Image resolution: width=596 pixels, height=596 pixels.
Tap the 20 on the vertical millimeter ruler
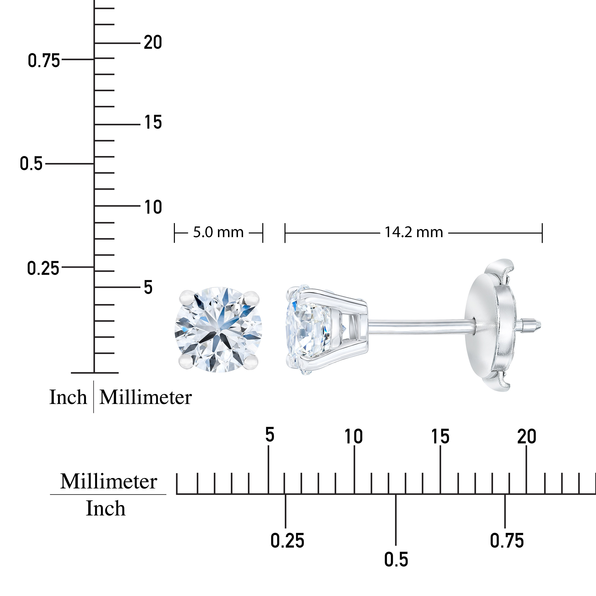pyautogui.click(x=153, y=42)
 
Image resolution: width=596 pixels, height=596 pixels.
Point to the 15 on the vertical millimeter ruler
pyautogui.click(x=153, y=122)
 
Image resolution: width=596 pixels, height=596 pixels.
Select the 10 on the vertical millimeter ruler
pyautogui.click(x=153, y=207)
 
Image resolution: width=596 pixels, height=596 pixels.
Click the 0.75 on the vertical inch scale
pyautogui.click(x=44, y=60)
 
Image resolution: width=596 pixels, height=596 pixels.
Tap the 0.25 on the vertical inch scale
pyautogui.click(x=43, y=268)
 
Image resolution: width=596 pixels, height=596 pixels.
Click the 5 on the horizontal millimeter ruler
pyautogui.click(x=270, y=435)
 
